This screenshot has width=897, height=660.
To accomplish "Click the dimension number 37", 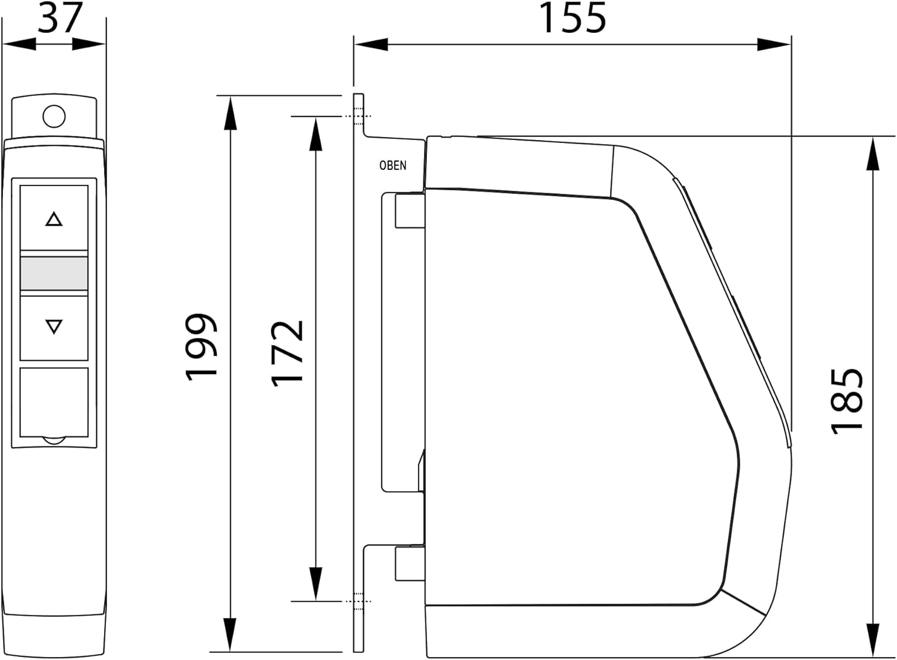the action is [60, 17].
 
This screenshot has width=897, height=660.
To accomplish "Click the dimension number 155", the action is [572, 17].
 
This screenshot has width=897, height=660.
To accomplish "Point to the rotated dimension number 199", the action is [201, 346].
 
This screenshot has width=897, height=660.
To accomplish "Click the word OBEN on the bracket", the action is [393, 166].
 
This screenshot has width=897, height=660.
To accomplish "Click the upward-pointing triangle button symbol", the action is [54, 219].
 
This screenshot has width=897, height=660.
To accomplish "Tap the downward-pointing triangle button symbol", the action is [54, 327].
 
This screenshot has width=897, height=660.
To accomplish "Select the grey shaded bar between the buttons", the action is [54, 273].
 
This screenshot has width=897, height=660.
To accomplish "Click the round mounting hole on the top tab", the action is [54, 116].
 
